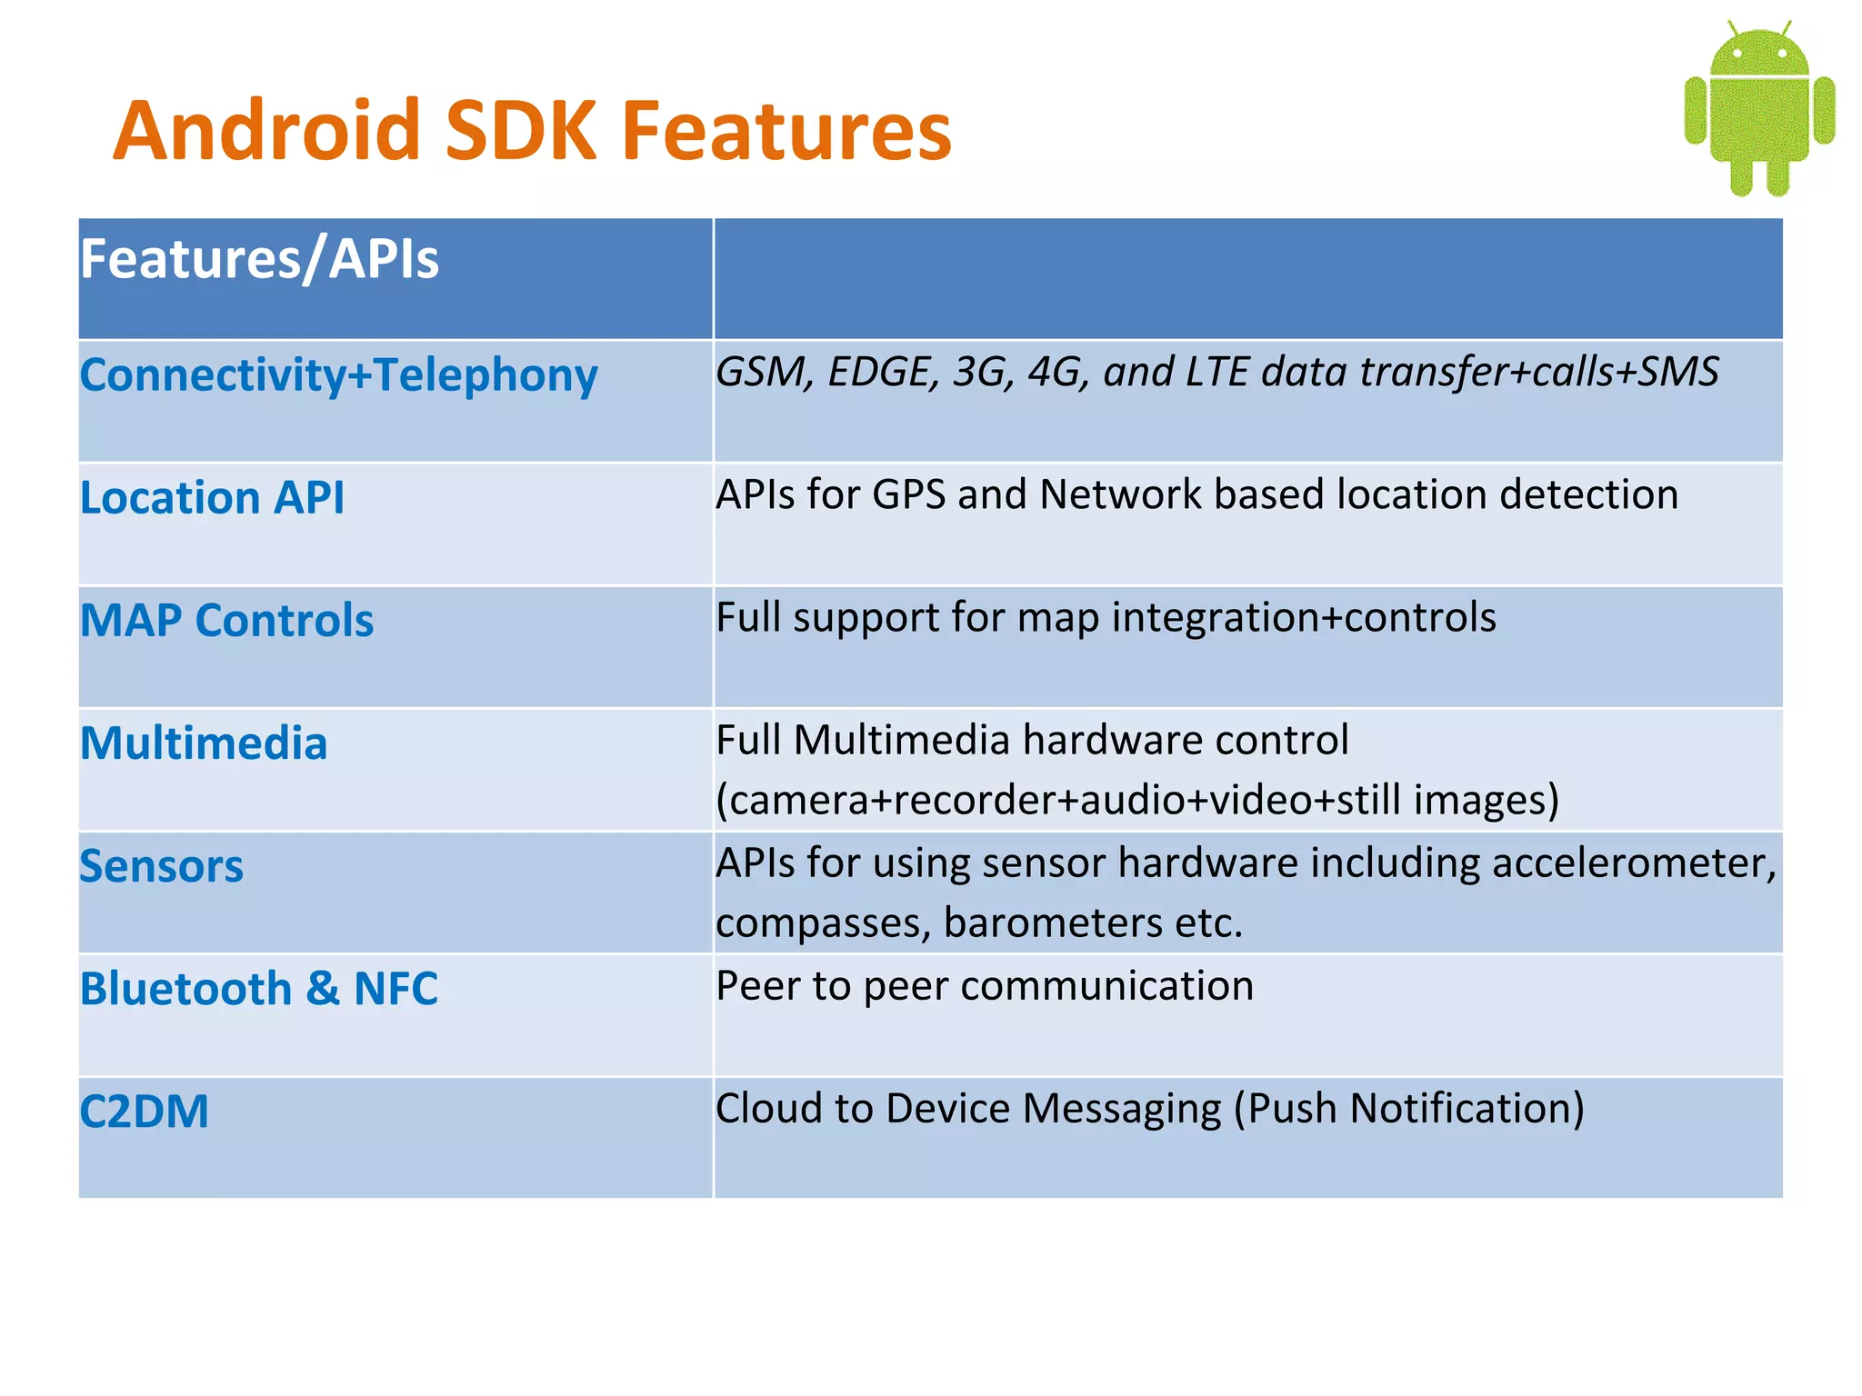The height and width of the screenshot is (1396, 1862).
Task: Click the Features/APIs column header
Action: point(259,259)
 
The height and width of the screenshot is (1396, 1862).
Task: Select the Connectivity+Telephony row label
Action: point(338,375)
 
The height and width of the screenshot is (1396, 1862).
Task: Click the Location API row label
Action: point(212,498)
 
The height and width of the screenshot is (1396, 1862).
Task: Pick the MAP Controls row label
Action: point(226,621)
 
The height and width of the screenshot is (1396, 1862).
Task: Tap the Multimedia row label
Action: point(204,743)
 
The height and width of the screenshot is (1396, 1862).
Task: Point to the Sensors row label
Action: point(162,866)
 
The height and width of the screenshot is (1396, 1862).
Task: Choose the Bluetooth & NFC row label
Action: point(259,989)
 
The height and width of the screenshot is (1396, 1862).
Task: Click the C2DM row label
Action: point(145,1112)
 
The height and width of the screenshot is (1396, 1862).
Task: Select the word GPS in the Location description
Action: point(908,495)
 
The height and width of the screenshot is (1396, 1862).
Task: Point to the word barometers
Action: point(1054,923)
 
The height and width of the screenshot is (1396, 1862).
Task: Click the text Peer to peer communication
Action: point(985,986)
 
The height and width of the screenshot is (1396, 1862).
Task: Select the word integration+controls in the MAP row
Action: point(1303,618)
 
